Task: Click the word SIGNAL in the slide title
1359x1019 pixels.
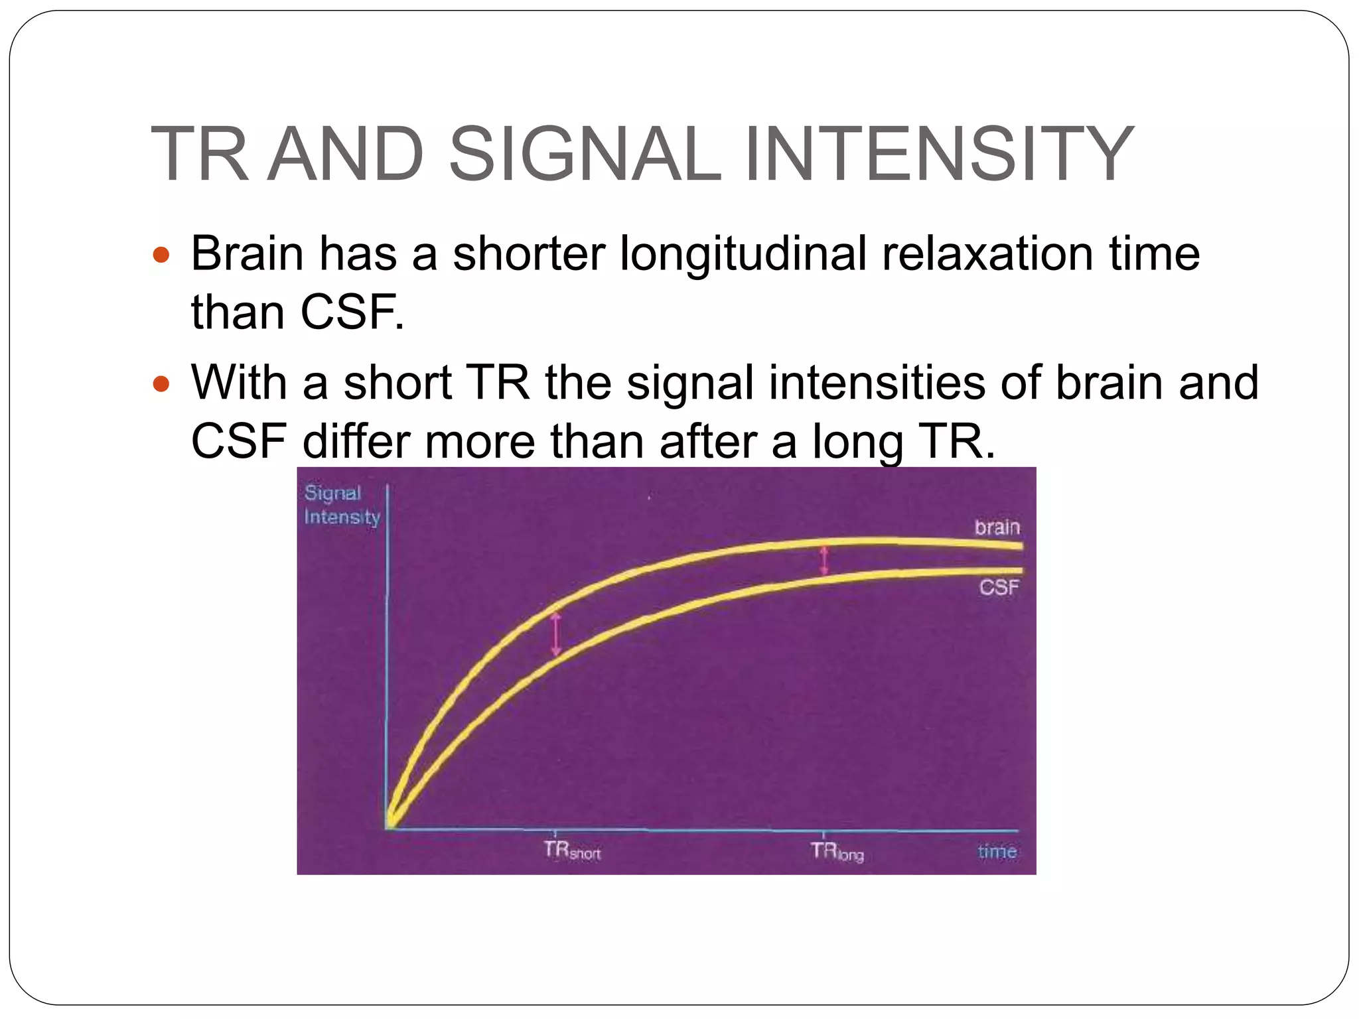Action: coord(585,154)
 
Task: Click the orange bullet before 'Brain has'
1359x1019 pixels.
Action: coord(161,255)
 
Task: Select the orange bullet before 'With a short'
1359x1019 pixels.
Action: coord(161,383)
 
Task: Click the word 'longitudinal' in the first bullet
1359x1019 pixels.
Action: coord(743,254)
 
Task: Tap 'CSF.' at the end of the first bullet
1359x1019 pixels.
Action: coord(352,312)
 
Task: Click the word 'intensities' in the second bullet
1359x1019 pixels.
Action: coord(876,383)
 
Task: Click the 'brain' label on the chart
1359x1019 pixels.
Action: coord(997,527)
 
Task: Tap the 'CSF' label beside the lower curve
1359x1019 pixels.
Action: coord(999,587)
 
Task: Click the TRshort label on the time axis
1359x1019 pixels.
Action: coord(571,850)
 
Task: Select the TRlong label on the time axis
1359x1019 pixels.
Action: coord(837,851)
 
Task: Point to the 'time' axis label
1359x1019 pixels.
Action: coord(997,851)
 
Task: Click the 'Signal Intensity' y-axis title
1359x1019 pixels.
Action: coord(342,506)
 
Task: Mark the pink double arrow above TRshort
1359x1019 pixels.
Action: coord(556,634)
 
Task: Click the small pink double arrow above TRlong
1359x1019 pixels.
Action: coord(823,560)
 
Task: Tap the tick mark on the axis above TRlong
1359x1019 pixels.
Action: coord(823,833)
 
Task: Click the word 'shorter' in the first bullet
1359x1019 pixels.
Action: coord(528,254)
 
